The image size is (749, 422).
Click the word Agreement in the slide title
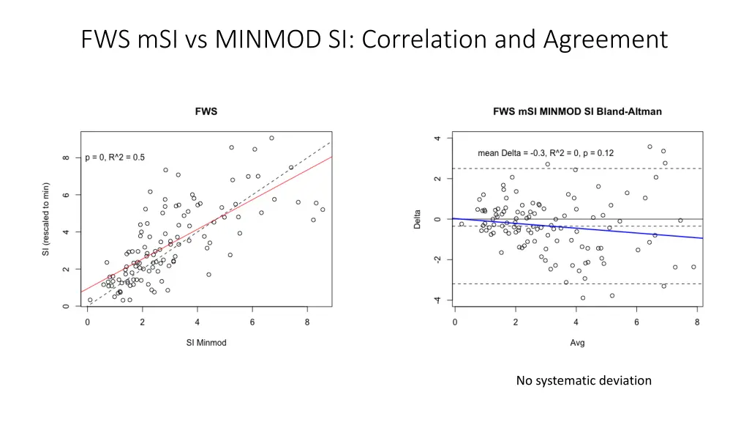point(605,38)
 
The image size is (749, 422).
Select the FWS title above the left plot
point(206,111)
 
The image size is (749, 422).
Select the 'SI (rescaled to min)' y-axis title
point(46,220)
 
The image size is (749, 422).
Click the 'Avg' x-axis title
point(577,342)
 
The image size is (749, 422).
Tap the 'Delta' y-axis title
point(418,220)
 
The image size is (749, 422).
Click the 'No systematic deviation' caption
point(583,380)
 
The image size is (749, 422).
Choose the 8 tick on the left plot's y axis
point(67,158)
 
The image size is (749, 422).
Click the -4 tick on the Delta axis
point(437,300)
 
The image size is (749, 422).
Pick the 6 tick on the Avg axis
point(637,322)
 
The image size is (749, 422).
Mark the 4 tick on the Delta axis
point(437,139)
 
